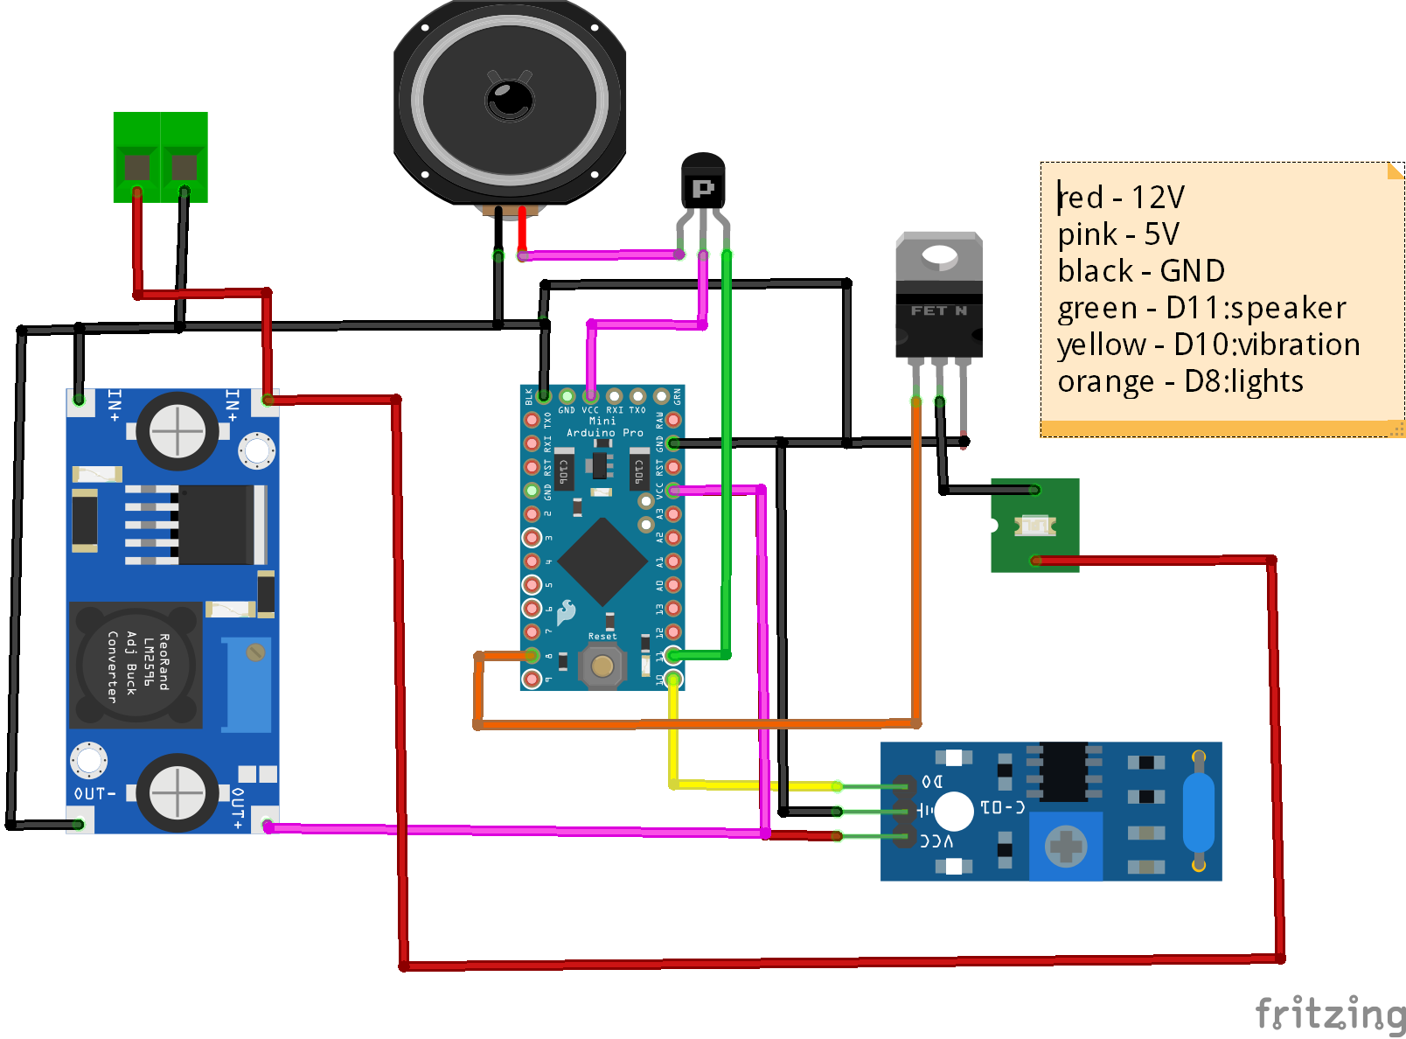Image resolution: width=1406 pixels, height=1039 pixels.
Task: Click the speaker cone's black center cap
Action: coord(510,98)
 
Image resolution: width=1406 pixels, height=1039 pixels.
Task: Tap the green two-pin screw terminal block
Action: coord(161,157)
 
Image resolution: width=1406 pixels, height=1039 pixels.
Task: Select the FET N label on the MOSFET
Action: coord(938,310)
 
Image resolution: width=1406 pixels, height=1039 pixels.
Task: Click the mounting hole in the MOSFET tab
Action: coord(939,255)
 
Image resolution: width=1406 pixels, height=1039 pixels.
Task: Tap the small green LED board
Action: coord(1034,526)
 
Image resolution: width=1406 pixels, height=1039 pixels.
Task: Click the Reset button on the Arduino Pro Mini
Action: coord(602,666)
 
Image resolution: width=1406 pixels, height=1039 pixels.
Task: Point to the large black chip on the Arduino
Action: coord(602,561)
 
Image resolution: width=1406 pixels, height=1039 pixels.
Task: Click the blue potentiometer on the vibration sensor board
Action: coord(1066,846)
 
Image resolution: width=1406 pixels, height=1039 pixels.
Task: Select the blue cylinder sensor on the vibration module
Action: coord(1199,811)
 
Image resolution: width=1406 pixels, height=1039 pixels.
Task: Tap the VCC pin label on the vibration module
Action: coord(936,840)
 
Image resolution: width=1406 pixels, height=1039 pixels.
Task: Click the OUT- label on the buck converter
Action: coord(94,793)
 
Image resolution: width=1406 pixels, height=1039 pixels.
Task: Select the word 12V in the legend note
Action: coord(1158,198)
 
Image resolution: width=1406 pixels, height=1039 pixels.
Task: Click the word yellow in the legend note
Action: coord(1101,345)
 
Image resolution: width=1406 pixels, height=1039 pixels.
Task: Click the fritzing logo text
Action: coord(1329,1015)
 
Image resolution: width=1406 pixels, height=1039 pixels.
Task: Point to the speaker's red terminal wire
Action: coord(522,232)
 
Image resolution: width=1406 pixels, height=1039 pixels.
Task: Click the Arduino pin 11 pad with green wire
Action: coord(673,655)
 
